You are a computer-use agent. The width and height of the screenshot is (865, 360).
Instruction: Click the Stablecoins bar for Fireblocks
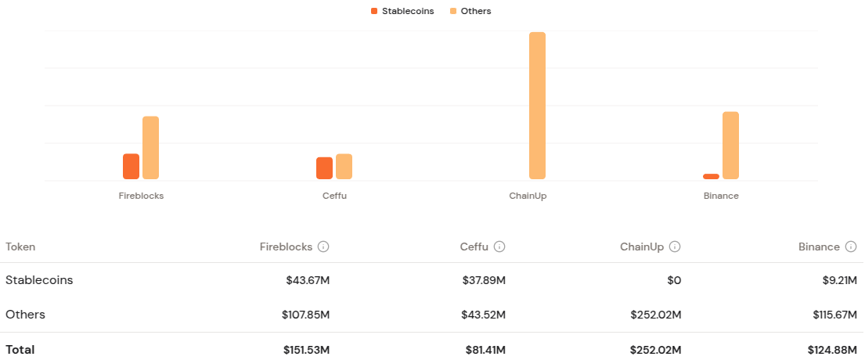tap(131, 167)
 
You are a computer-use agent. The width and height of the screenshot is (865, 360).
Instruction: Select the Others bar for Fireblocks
tap(150, 148)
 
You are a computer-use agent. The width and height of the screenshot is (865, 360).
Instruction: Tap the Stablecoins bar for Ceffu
tap(324, 168)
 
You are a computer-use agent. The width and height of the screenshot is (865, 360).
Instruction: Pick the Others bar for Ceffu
tap(344, 167)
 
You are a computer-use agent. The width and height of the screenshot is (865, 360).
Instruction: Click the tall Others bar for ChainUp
tap(537, 106)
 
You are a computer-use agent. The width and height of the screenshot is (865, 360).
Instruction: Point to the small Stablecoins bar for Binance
tap(711, 176)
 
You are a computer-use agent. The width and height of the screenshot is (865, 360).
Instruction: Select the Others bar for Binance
tap(730, 146)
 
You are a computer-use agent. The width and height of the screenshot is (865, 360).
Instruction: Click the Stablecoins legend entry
tap(402, 11)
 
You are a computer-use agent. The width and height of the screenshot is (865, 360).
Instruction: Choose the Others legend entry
tap(470, 11)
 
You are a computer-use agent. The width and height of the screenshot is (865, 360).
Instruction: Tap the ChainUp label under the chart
tap(528, 196)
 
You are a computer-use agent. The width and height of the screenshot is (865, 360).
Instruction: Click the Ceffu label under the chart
tap(334, 196)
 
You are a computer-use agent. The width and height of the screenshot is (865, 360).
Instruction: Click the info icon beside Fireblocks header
tap(323, 247)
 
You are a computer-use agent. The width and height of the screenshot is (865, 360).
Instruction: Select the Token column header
tap(20, 247)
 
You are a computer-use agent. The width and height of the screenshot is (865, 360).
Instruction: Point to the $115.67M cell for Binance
tap(833, 315)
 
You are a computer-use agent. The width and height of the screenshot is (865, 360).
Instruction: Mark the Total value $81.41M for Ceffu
tap(484, 350)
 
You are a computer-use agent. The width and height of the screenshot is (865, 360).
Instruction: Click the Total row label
tap(20, 350)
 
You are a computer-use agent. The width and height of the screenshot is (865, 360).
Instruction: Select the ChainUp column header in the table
tap(642, 247)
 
